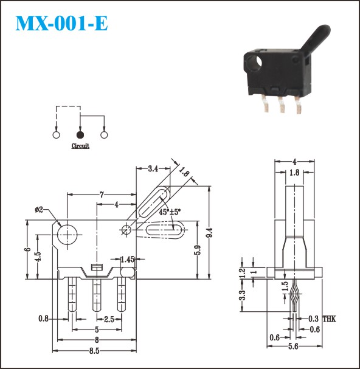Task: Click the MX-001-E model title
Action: (x=61, y=23)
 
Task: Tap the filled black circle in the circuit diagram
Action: (x=80, y=135)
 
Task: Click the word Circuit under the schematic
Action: (x=80, y=146)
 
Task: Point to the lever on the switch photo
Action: (x=315, y=40)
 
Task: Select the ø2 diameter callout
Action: (x=39, y=210)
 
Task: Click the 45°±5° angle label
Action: (x=170, y=212)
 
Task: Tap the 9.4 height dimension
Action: (x=209, y=232)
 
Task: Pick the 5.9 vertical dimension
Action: (x=198, y=250)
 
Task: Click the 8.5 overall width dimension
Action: (x=94, y=351)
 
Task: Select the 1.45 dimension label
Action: (x=127, y=260)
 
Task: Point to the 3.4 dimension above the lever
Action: (x=153, y=169)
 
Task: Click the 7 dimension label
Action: (x=102, y=195)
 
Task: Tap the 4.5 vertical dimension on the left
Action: (x=38, y=257)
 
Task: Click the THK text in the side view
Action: (x=329, y=319)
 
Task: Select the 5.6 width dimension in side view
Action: (x=293, y=347)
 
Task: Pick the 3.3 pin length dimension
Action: (x=242, y=295)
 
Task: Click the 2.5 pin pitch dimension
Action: (x=109, y=319)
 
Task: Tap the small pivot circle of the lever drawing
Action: (x=126, y=229)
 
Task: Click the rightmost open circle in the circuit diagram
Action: (x=104, y=135)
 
